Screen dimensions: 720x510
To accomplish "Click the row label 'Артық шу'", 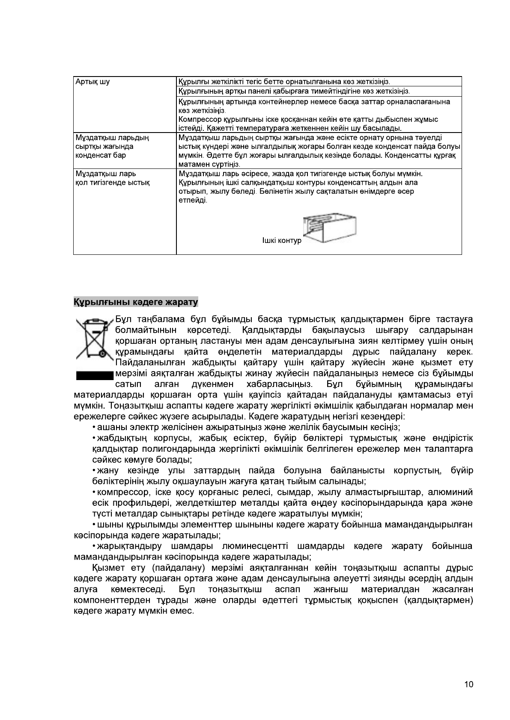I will pyautogui.click(x=92, y=82).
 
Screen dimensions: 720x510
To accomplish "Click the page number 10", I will pyautogui.click(x=468, y=685).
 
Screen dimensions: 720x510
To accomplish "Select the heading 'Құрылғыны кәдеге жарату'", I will pyautogui.click(x=136, y=302).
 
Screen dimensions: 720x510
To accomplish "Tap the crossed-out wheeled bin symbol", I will pyautogui.click(x=94, y=338).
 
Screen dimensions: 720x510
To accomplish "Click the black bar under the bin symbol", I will pyautogui.click(x=94, y=376).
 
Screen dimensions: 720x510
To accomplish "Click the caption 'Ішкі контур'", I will pyautogui.click(x=282, y=241).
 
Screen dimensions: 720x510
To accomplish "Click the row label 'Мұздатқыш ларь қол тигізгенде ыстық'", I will pyautogui.click(x=112, y=178).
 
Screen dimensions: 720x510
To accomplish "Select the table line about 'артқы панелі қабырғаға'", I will pyautogui.click(x=294, y=91).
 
